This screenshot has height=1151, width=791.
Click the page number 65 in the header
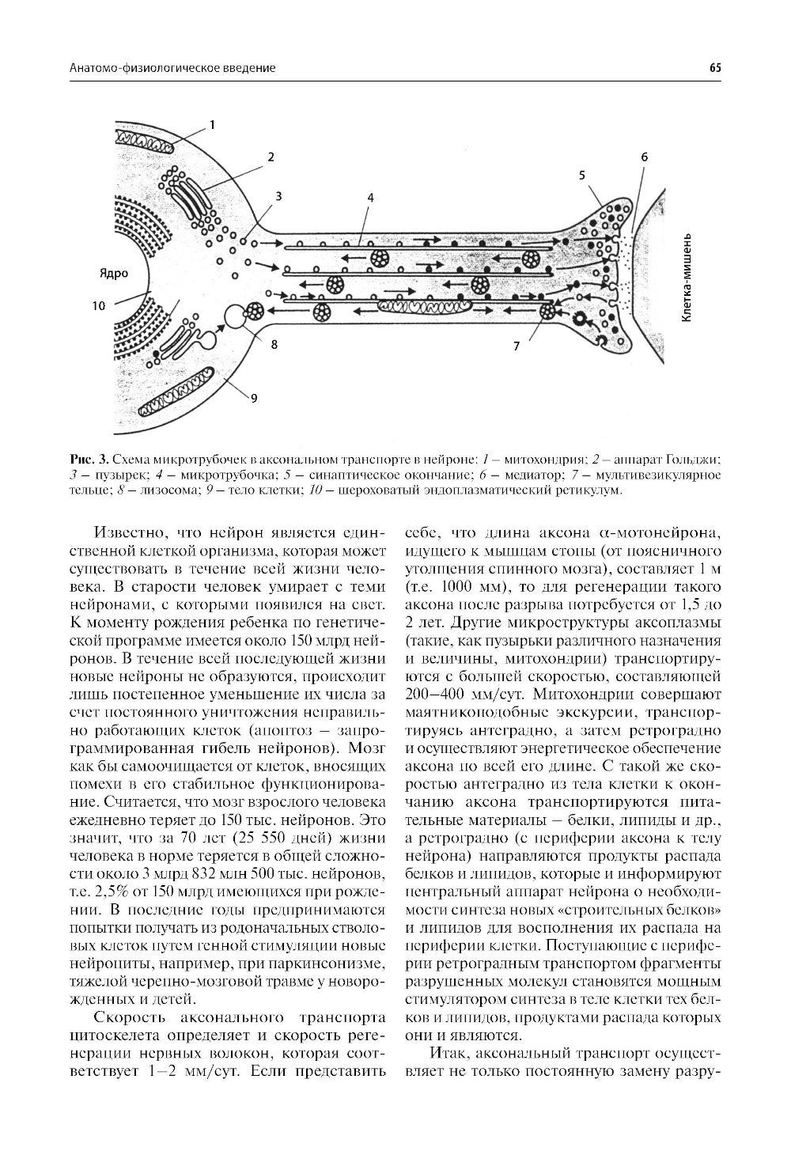pos(714,69)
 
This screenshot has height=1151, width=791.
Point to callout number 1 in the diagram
pos(211,124)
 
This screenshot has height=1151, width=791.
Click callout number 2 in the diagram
pos(270,157)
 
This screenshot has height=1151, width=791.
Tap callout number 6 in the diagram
pos(644,157)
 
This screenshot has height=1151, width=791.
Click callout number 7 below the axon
pos(517,346)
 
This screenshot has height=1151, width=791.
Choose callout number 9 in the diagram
pos(254,399)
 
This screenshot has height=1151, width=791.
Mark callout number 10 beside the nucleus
pos(98,305)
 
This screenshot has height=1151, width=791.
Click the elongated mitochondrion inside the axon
pos(423,304)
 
